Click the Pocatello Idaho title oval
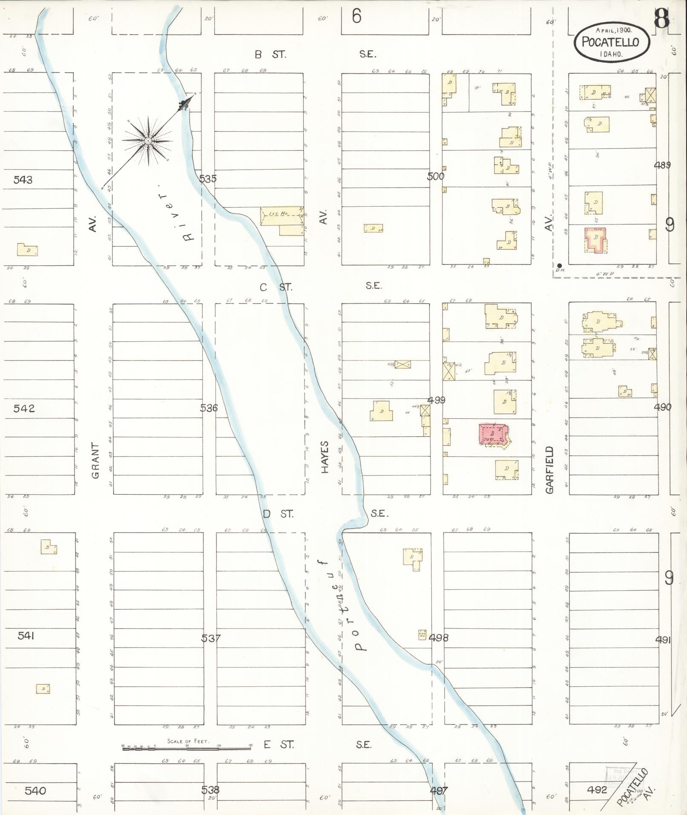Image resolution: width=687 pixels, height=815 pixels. (x=612, y=42)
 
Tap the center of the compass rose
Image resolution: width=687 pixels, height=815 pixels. (x=148, y=141)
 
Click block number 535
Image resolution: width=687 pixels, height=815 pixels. (x=208, y=179)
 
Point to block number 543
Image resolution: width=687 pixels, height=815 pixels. (x=23, y=180)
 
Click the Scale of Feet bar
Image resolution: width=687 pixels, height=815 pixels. (x=187, y=747)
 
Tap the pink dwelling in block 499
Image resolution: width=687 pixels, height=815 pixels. (x=492, y=434)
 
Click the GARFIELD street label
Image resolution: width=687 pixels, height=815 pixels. (x=549, y=470)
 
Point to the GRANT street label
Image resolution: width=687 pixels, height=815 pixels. (x=95, y=461)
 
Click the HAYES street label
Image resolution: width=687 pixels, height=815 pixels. (x=325, y=457)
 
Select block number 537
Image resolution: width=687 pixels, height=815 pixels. (x=211, y=638)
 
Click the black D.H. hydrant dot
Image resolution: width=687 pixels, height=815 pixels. (x=559, y=265)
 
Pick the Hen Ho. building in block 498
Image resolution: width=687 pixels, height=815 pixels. (x=422, y=635)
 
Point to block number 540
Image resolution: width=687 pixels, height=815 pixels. (x=35, y=791)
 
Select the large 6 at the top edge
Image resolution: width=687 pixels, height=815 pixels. (x=356, y=17)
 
